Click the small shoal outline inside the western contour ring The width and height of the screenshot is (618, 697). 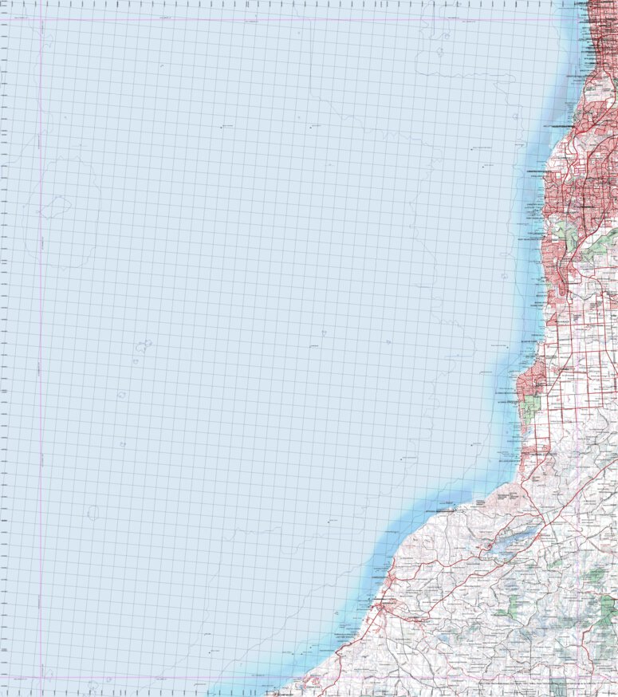point(54,209)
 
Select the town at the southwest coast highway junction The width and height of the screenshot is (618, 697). point(386,609)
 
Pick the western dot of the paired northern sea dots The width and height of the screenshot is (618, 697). point(222,127)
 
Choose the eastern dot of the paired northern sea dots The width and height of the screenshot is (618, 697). point(310,127)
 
